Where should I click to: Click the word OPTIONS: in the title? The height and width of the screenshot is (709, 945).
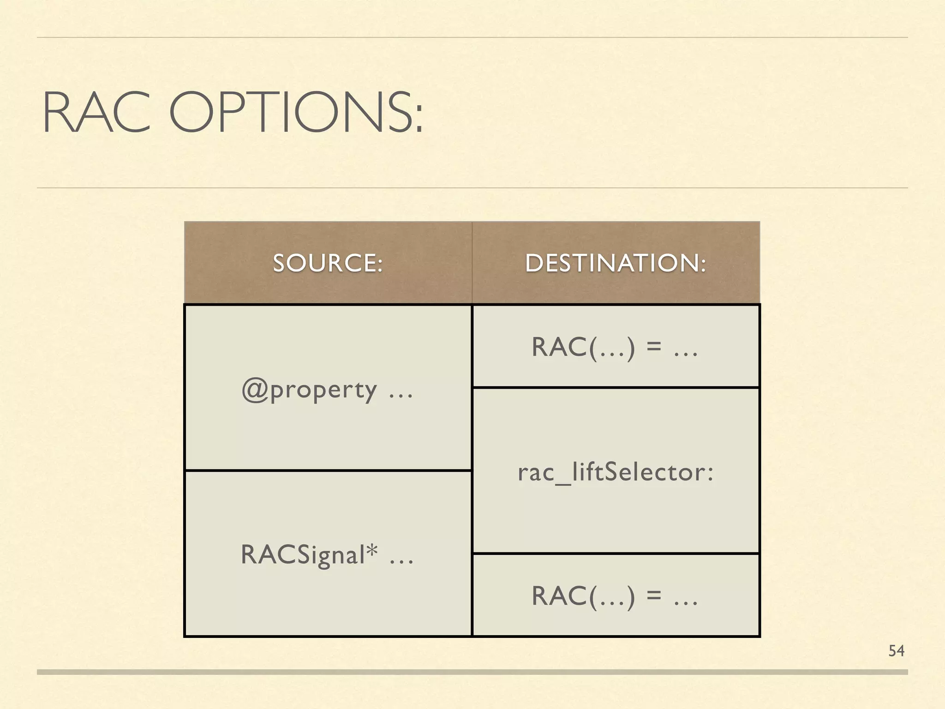click(x=296, y=113)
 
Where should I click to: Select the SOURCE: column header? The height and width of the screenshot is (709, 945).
click(x=328, y=263)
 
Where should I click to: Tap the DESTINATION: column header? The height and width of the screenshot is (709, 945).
click(x=616, y=263)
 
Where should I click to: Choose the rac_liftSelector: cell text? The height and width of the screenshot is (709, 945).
click(x=616, y=472)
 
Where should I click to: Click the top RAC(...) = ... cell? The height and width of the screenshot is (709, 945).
click(x=615, y=347)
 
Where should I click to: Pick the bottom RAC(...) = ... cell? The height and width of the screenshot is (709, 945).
click(x=615, y=596)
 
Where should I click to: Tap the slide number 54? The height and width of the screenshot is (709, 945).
click(x=896, y=651)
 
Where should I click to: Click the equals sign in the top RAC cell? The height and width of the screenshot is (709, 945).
click(x=654, y=348)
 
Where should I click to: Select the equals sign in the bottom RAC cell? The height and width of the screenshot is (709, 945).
click(x=654, y=597)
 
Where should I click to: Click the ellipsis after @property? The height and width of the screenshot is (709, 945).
click(x=401, y=396)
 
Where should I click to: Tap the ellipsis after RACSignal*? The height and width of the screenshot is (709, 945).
click(x=401, y=561)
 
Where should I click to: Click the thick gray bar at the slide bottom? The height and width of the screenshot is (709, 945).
click(x=472, y=672)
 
